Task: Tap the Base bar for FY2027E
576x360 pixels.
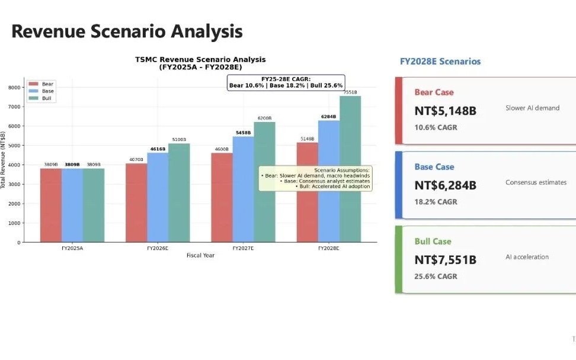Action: coord(243,189)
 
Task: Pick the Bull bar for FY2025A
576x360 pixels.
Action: coord(94,205)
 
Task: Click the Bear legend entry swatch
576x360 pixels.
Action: coord(33,84)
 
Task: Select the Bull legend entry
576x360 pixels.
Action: coord(47,98)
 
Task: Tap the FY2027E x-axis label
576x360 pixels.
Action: coord(243,249)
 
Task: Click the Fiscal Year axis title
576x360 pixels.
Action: coord(200,256)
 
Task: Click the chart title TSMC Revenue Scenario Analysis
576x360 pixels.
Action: coord(200,59)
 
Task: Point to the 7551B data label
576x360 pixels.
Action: coord(350,92)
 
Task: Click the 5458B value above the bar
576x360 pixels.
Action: coord(243,133)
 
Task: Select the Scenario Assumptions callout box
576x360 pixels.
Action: coord(315,178)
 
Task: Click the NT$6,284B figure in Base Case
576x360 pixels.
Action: coord(445,185)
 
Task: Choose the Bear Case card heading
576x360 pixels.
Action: coord(434,92)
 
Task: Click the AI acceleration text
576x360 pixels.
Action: coord(527,257)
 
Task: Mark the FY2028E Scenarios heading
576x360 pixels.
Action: coord(440,62)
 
